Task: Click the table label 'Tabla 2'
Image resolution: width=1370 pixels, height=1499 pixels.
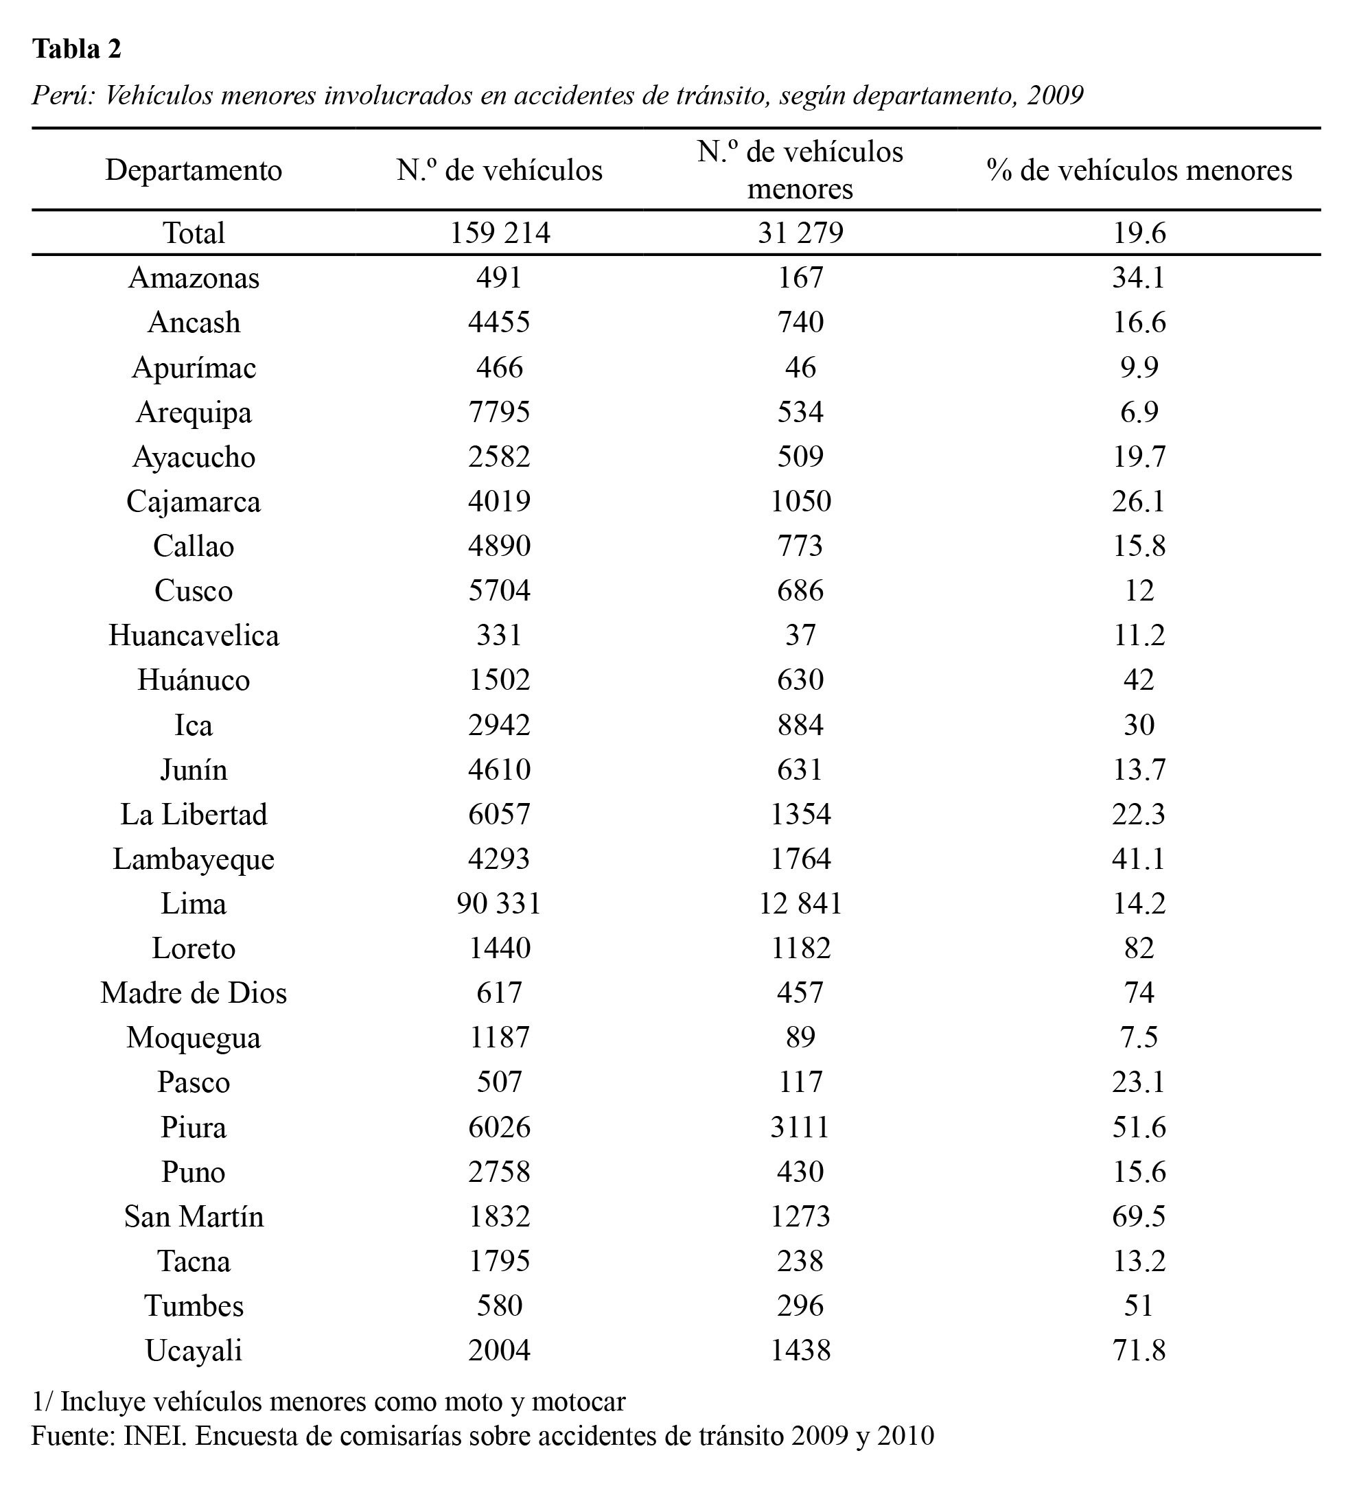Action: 77,49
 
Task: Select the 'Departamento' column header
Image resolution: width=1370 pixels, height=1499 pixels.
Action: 194,170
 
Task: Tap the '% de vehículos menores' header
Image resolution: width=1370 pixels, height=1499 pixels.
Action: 1139,170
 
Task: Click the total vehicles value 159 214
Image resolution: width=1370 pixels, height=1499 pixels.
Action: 500,233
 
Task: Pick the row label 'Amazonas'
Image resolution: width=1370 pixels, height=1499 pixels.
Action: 194,278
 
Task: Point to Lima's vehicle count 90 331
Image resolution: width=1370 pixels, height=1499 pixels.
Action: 499,904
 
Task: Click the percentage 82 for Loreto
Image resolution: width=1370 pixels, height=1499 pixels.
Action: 1139,949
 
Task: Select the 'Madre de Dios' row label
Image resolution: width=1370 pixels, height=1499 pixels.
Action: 194,993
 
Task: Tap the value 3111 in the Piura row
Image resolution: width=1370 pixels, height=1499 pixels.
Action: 800,1128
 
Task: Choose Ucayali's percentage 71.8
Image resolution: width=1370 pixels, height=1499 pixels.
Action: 1139,1351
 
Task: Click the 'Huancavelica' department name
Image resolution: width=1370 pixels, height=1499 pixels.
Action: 194,636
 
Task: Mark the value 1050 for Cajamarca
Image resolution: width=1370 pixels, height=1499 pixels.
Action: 800,502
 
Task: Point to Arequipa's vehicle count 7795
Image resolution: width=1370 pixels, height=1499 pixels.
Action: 499,412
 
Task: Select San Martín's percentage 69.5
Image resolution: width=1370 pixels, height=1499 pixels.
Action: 1139,1217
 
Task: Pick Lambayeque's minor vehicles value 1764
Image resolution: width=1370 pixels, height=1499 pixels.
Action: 800,859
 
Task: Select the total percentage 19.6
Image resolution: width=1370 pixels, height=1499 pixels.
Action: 1139,233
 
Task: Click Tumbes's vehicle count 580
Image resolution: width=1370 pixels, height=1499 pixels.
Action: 499,1306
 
